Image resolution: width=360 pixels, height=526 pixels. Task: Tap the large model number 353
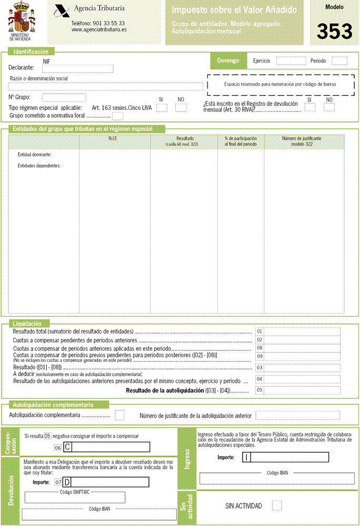(334, 32)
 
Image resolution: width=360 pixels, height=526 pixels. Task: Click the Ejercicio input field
(291, 61)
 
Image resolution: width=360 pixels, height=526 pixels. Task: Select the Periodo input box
(339, 61)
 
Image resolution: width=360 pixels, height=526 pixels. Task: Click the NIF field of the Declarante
(78, 69)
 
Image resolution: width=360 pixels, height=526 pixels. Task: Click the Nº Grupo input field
(64, 97)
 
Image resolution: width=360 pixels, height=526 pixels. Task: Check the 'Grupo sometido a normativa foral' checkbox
(118, 116)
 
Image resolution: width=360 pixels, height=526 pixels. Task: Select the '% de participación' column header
(241, 140)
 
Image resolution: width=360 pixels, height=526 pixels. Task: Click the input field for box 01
(302, 331)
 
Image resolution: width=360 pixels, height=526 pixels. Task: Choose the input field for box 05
(302, 390)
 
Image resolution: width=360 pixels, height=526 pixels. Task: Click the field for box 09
(302, 356)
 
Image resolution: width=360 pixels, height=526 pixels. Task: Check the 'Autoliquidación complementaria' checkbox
(119, 415)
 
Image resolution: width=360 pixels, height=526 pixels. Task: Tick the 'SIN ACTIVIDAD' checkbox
(277, 505)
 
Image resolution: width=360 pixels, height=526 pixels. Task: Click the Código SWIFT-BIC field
(75, 498)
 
